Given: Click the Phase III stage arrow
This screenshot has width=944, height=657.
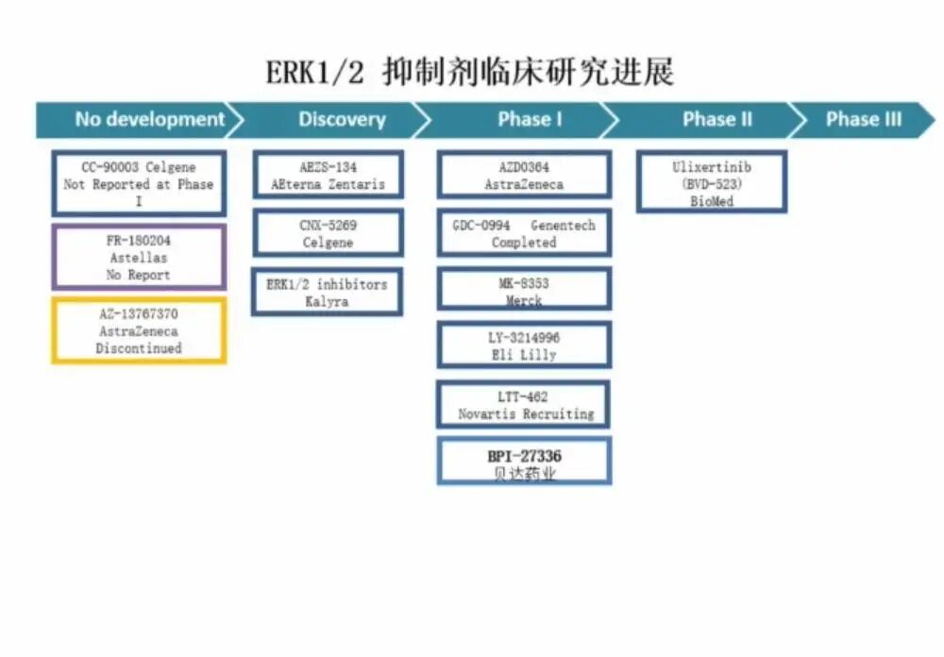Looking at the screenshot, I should (864, 120).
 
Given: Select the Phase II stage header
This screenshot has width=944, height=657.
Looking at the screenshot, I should (716, 120).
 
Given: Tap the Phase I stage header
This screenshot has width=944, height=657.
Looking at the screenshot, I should (529, 120).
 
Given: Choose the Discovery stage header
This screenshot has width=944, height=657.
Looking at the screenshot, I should (342, 120).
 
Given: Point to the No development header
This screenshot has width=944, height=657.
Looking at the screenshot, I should (149, 120).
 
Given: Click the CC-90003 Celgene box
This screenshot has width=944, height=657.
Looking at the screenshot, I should (139, 184).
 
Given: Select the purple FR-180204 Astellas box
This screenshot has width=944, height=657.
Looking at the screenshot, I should (139, 258).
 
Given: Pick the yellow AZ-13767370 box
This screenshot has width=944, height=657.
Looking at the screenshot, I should (139, 331).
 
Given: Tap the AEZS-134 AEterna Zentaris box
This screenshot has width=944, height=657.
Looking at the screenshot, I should (328, 176).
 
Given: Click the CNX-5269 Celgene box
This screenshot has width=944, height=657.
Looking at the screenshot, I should (328, 234).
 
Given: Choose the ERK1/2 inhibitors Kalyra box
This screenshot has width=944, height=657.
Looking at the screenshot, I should (328, 293).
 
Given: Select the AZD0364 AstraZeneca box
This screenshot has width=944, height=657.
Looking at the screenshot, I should (524, 176).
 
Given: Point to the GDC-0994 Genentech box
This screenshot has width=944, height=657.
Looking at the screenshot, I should (524, 234).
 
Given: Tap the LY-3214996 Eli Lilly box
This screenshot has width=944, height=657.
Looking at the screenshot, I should (524, 345).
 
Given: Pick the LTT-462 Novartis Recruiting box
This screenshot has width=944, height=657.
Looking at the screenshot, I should (524, 405).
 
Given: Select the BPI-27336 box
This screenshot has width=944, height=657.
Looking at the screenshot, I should (524, 463).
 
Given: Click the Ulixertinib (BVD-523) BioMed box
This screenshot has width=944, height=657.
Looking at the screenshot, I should (712, 183).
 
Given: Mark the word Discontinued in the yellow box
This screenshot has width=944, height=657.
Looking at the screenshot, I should (139, 348).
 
